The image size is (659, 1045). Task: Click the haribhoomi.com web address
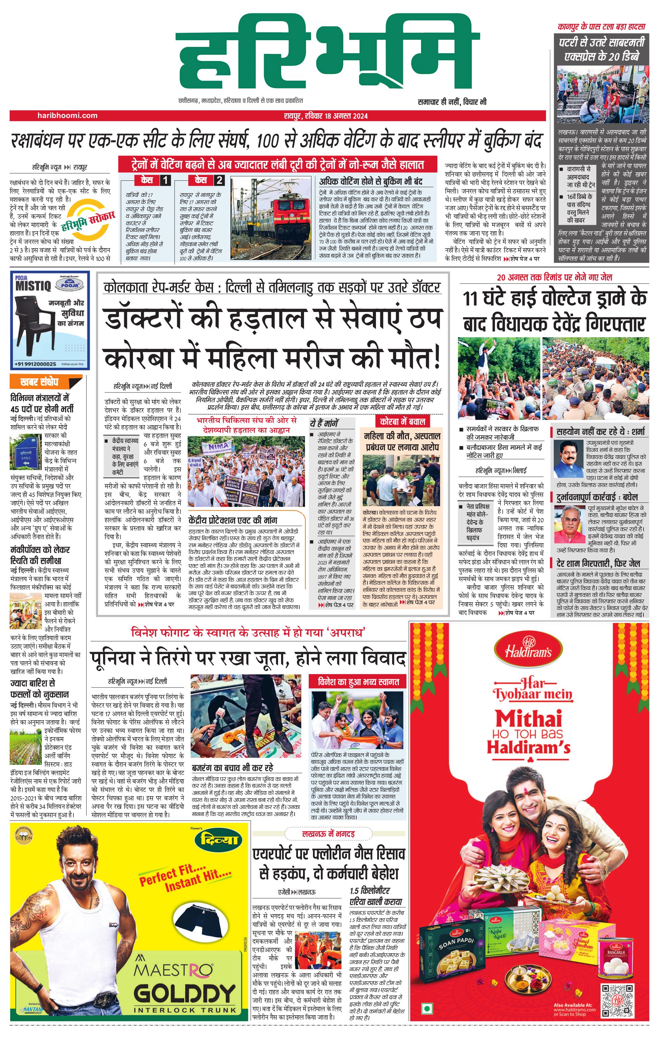67,115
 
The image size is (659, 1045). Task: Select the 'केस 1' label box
153,180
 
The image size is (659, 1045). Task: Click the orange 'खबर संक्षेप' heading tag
45,382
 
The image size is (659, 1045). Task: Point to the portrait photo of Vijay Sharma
568,459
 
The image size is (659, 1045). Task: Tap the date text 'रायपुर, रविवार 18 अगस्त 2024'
326,116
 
